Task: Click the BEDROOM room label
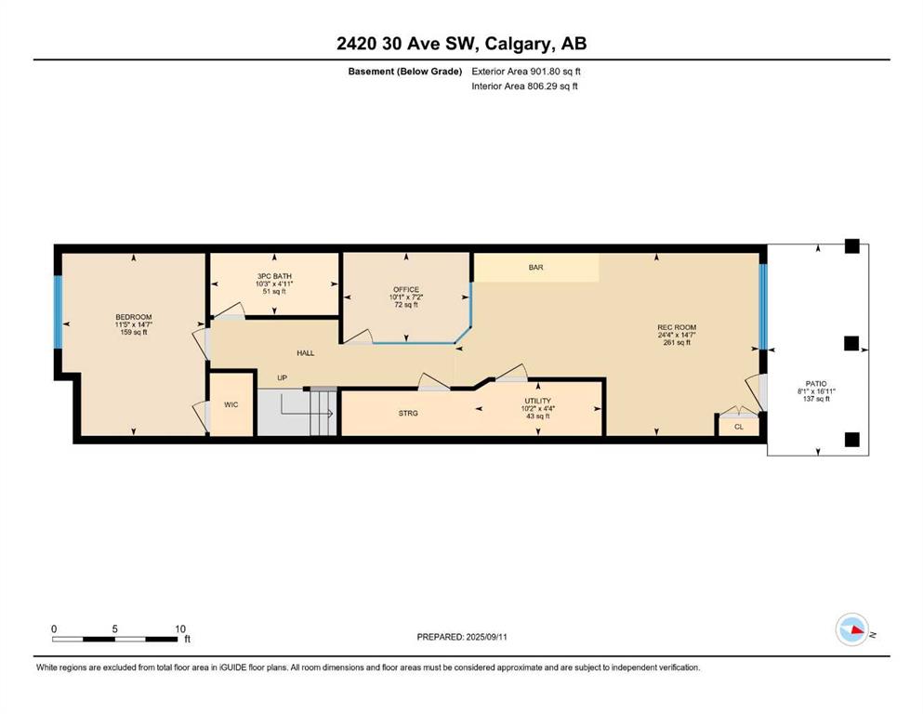pyautogui.click(x=134, y=317)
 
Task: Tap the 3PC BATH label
pyautogui.click(x=274, y=276)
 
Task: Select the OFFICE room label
pyautogui.click(x=406, y=290)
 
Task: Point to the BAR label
pyautogui.click(x=535, y=267)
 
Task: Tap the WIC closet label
pyautogui.click(x=231, y=404)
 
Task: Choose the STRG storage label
pyautogui.click(x=408, y=413)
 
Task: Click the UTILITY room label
pyautogui.click(x=538, y=401)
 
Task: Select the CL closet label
pyautogui.click(x=739, y=427)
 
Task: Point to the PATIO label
pyautogui.click(x=816, y=384)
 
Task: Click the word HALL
pyautogui.click(x=306, y=353)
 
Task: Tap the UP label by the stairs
pyautogui.click(x=282, y=377)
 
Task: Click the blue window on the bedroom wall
pyautogui.click(x=58, y=312)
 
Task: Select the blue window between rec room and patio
pyautogui.click(x=763, y=307)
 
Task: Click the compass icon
pyautogui.click(x=852, y=629)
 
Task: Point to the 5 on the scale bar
pyautogui.click(x=114, y=628)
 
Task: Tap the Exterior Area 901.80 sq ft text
pyautogui.click(x=526, y=72)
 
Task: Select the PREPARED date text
pyautogui.click(x=462, y=637)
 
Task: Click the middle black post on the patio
pyautogui.click(x=851, y=343)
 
